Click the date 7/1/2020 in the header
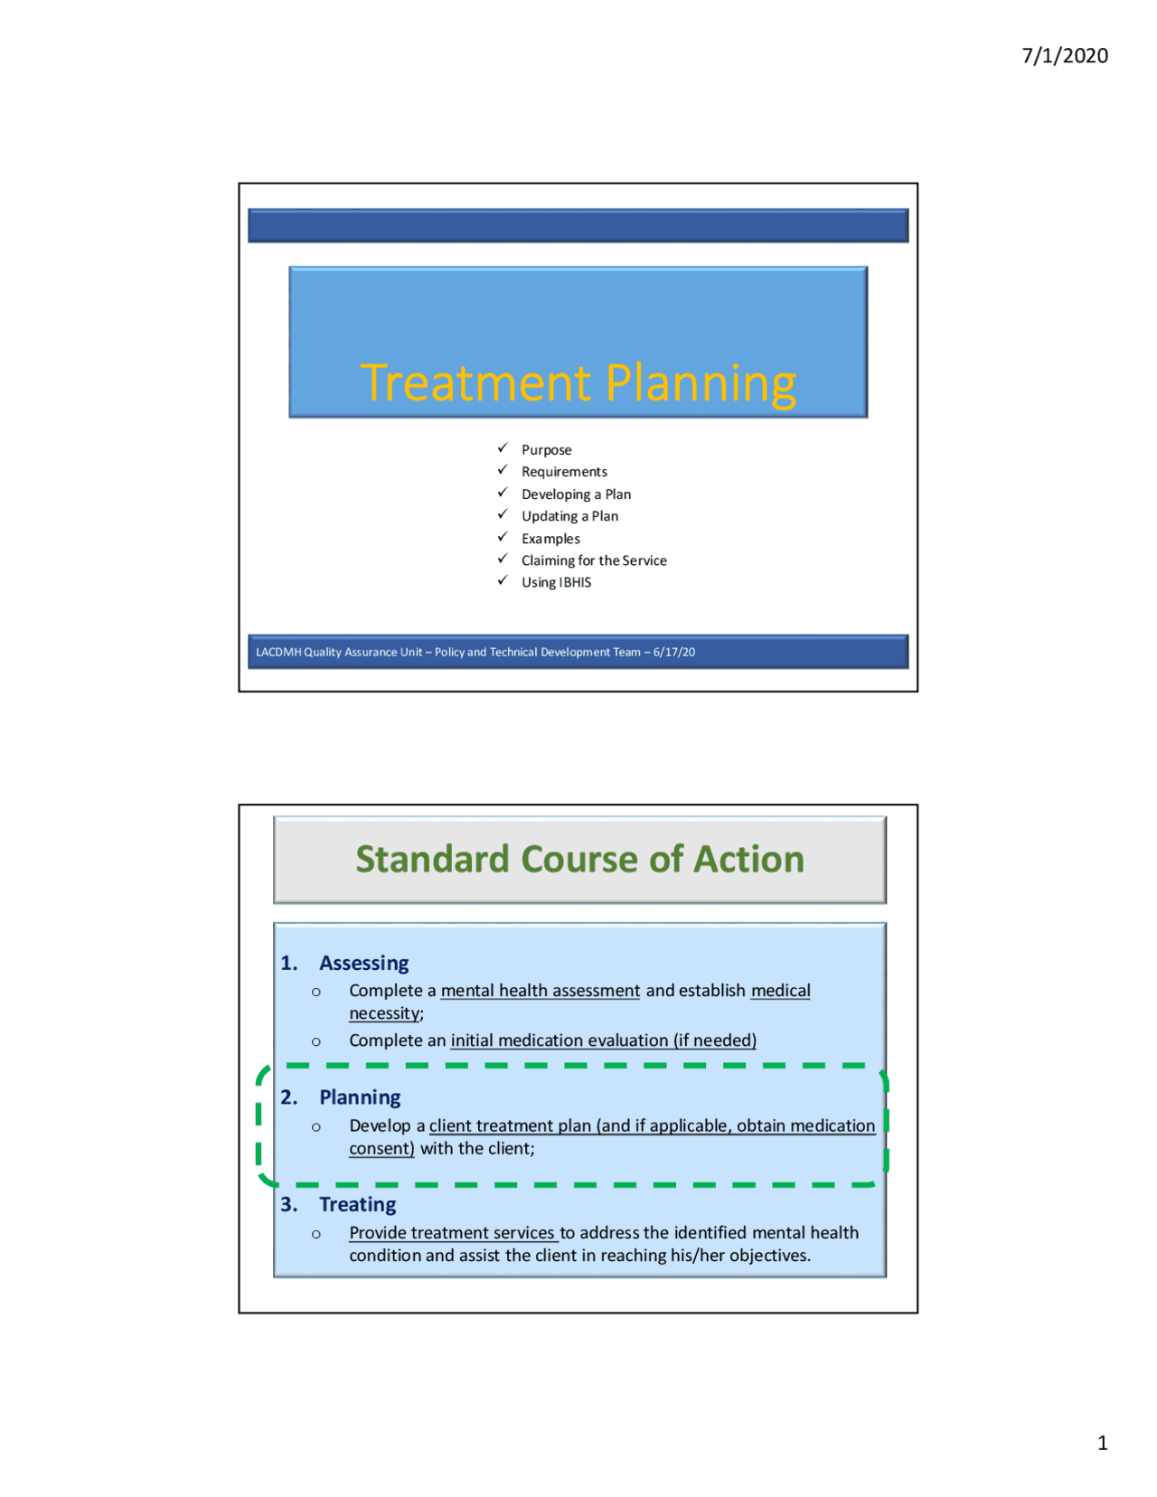1065,56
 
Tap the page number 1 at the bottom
1102,1443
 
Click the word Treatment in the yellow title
475,382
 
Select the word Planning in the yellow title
701,384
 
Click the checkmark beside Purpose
503,448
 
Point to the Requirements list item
564,472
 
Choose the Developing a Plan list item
576,494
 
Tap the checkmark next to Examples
503,537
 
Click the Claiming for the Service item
594,560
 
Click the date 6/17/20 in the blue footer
674,652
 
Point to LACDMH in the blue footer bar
278,652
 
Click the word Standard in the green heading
432,859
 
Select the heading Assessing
363,963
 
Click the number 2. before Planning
289,1097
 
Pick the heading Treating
357,1204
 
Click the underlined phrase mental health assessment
540,991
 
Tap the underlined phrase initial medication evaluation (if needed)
603,1040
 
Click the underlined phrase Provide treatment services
452,1232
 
